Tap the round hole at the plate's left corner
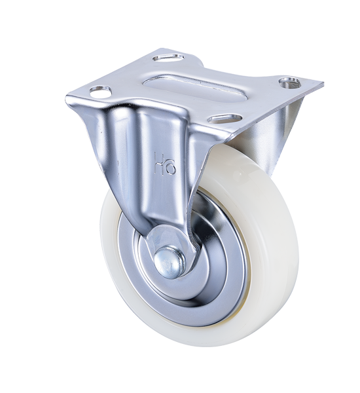point(100,92)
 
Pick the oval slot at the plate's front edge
point(225,119)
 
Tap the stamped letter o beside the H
point(170,166)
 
